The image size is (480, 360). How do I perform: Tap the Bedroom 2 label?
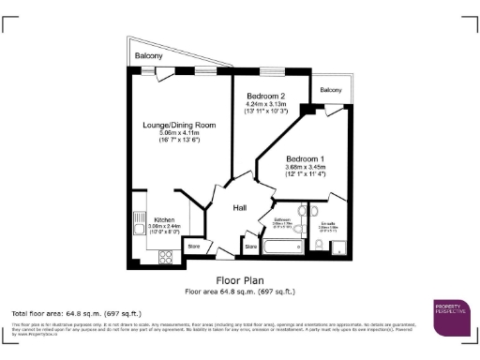coord(264,97)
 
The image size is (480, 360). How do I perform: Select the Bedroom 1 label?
coord(305,159)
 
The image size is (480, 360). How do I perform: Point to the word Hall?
coord(240,207)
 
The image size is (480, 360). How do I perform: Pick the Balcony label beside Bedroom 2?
coord(330,90)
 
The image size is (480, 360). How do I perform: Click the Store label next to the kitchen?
coord(194,246)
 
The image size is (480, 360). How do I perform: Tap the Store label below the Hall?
coord(250,248)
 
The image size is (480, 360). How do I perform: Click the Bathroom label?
coord(282,222)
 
